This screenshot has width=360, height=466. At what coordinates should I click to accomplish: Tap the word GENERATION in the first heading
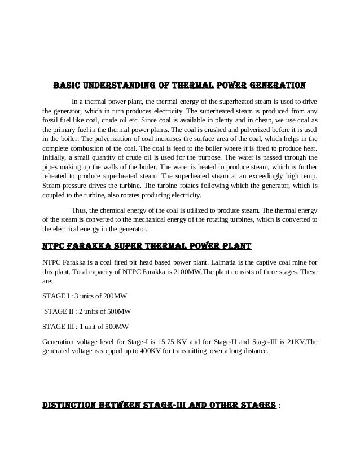pos(276,86)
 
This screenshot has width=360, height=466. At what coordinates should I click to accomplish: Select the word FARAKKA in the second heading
pos(90,247)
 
